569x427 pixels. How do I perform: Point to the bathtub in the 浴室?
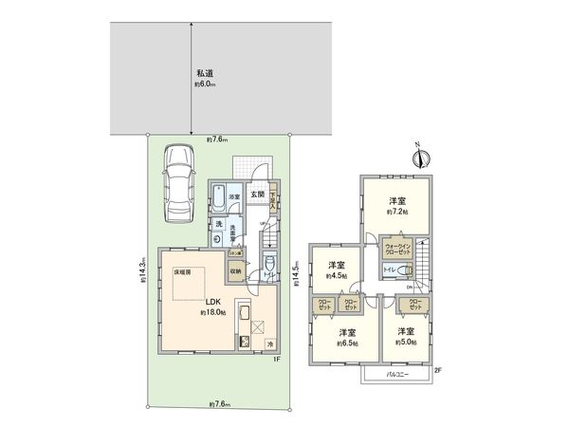coord(220,201)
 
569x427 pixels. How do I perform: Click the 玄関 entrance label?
coord(257,194)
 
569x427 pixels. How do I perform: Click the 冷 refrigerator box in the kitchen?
coord(269,343)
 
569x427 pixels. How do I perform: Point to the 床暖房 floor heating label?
coord(182,270)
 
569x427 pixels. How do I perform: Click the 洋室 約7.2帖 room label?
coord(397,205)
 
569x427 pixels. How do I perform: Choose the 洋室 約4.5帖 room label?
coord(337,269)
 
